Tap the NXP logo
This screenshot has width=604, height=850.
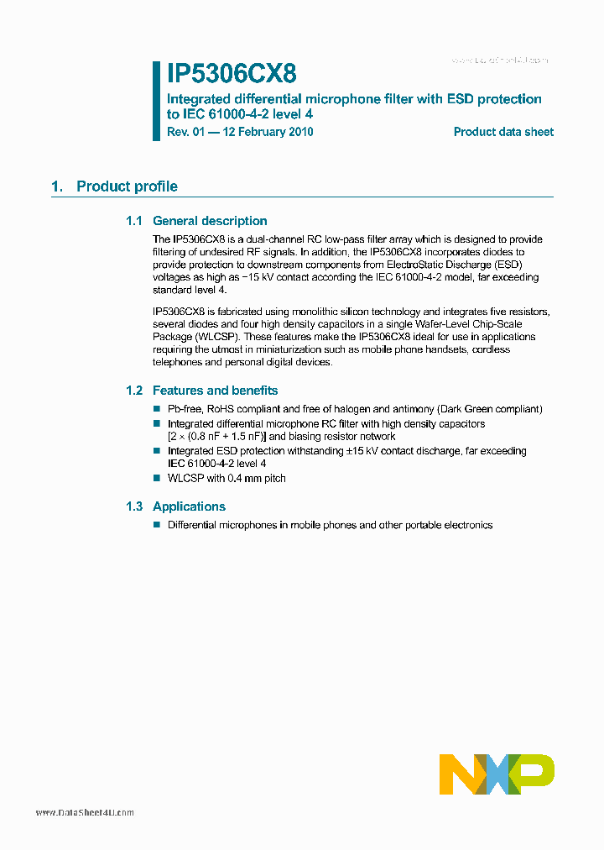coord(497,774)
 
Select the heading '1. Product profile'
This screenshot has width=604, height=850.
coord(114,186)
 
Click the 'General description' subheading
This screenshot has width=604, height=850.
coord(210,221)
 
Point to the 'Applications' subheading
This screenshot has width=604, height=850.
coord(189,506)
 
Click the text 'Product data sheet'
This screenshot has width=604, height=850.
coord(503,132)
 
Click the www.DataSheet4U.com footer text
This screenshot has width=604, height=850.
coord(85,813)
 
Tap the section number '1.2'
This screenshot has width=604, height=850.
coord(135,391)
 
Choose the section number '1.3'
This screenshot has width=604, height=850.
coord(135,506)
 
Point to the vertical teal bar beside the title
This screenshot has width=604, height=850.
coord(156,101)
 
